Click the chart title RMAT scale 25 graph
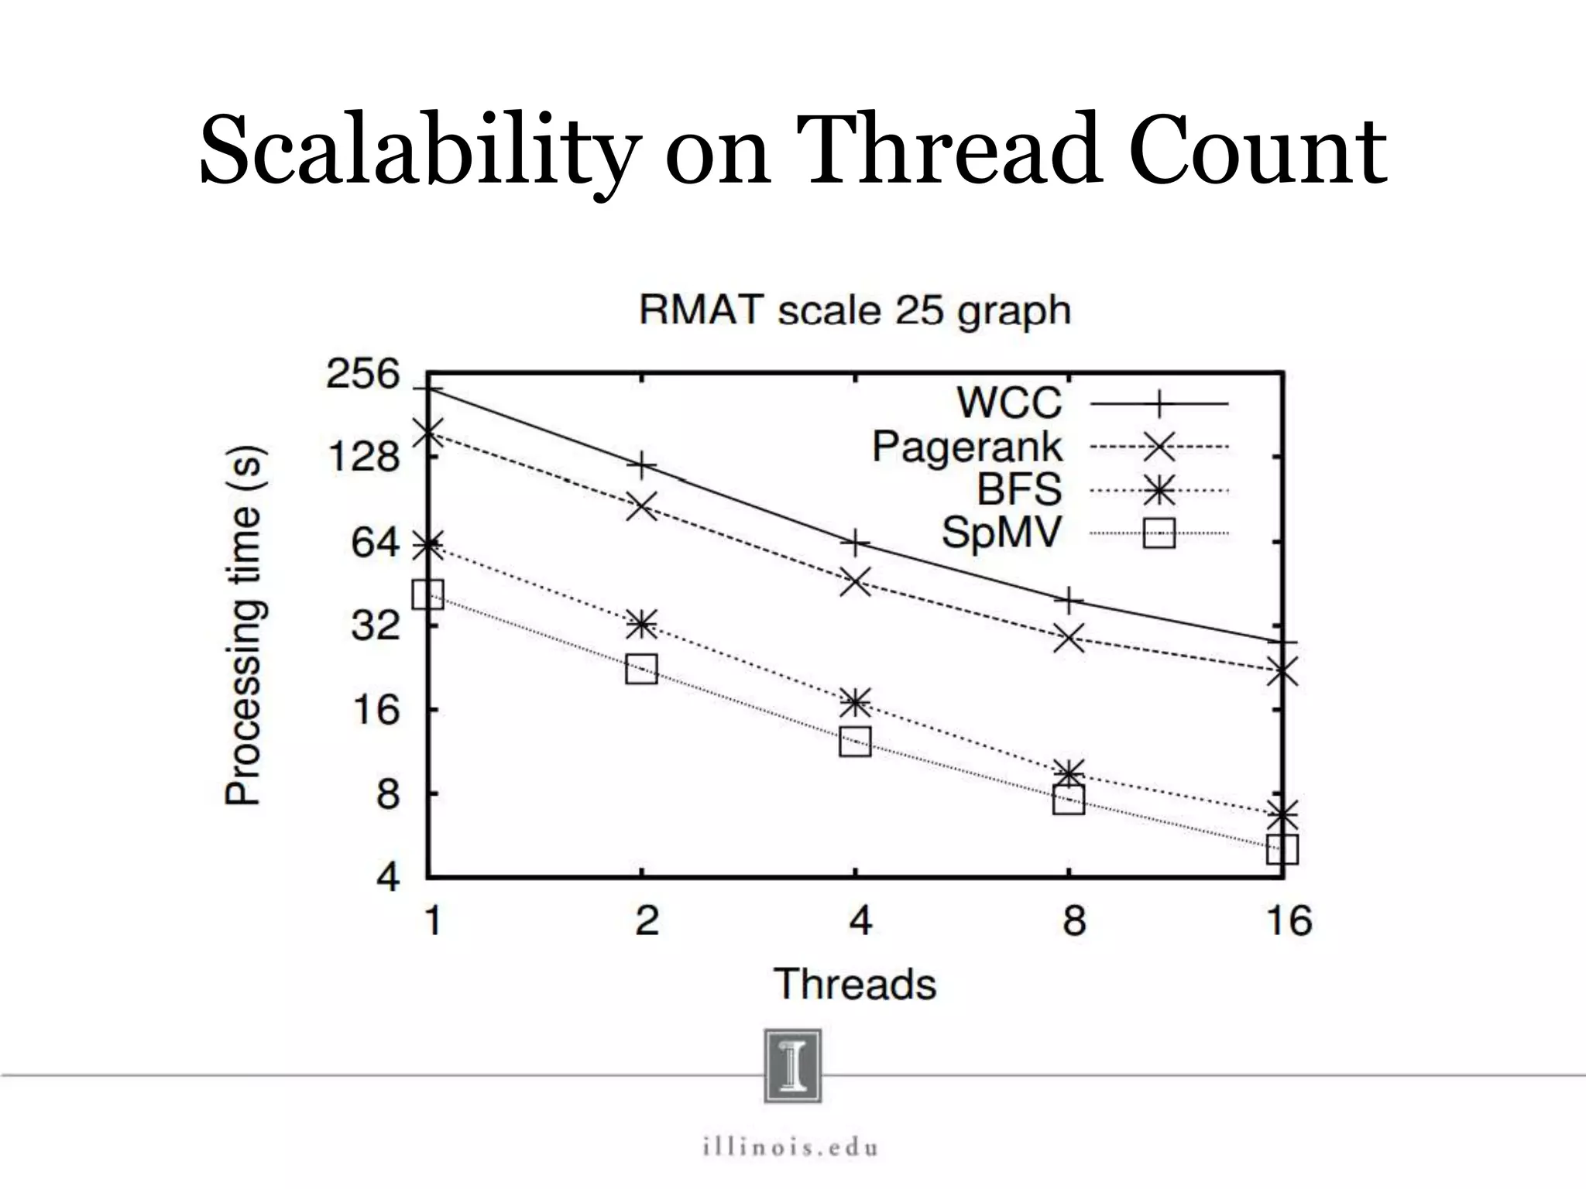[x=855, y=311]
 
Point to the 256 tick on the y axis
[x=362, y=375]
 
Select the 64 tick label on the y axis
[x=376, y=542]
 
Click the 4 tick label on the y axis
[x=387, y=878]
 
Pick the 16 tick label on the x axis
[x=1289, y=921]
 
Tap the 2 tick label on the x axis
[x=647, y=921]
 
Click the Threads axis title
[x=855, y=985]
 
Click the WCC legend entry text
[x=1009, y=403]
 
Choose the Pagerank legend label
[x=967, y=447]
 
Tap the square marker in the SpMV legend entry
[x=1159, y=533]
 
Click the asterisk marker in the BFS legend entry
[x=1159, y=489]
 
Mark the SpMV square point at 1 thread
[x=428, y=594]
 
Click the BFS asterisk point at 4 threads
[x=855, y=703]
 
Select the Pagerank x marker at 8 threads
[x=1069, y=638]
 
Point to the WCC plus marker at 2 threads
[x=642, y=464]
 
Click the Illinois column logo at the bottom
[x=792, y=1065]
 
